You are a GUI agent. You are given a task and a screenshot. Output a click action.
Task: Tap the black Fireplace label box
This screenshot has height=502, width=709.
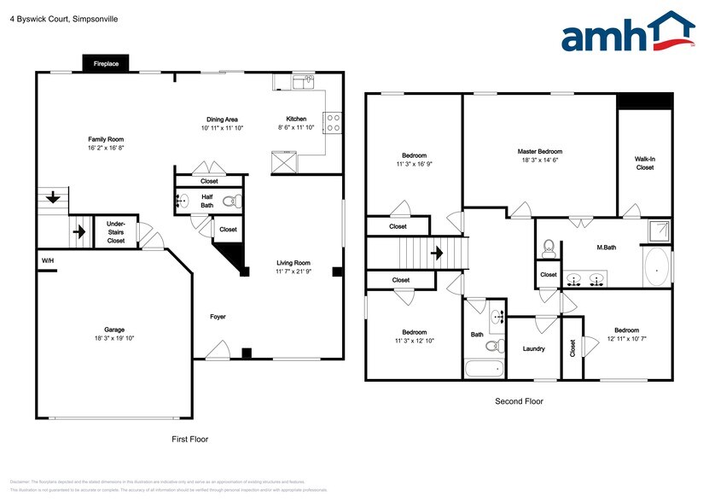pyautogui.click(x=106, y=64)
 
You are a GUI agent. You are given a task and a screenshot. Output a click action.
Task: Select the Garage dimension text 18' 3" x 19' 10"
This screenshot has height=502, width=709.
pyautogui.click(x=113, y=338)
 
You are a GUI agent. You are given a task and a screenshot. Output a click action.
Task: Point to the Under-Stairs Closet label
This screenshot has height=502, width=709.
pyautogui.click(x=115, y=232)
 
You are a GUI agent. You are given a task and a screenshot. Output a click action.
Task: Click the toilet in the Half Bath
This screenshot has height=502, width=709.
pyautogui.click(x=230, y=202)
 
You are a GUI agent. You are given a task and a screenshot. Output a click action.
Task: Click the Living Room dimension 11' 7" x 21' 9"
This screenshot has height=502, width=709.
pyautogui.click(x=293, y=271)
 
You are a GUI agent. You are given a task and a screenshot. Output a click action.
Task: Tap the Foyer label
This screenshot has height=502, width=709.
pyautogui.click(x=218, y=317)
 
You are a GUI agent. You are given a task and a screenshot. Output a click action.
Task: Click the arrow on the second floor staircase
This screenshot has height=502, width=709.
pyautogui.click(x=436, y=254)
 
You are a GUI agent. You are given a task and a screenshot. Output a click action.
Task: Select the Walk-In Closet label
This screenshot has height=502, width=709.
pyautogui.click(x=644, y=163)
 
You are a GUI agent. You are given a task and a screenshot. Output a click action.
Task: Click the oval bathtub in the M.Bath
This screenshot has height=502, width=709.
pyautogui.click(x=656, y=266)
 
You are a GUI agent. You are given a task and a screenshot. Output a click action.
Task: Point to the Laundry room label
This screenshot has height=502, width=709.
pyautogui.click(x=533, y=348)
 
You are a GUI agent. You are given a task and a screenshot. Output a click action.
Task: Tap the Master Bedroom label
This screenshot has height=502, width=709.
pyautogui.click(x=539, y=151)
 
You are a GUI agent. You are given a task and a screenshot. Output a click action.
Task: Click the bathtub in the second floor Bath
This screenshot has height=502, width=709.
pyautogui.click(x=485, y=370)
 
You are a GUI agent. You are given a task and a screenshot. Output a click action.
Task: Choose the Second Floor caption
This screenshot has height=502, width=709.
pyautogui.click(x=519, y=401)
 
